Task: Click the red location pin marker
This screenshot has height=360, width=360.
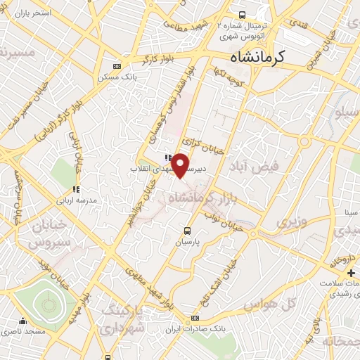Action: pyautogui.click(x=180, y=165)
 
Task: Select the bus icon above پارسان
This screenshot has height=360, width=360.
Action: pyautogui.click(x=187, y=231)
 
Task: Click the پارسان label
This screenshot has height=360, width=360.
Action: pyautogui.click(x=187, y=241)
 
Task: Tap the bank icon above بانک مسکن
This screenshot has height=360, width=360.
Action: pyautogui.click(x=116, y=67)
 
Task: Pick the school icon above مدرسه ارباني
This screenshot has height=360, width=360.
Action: pyautogui.click(x=75, y=189)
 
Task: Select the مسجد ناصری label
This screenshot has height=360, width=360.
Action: pyautogui.click(x=25, y=330)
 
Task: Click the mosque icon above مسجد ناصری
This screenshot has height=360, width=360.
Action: pyautogui.click(x=25, y=321)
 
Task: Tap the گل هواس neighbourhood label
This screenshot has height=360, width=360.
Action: pyautogui.click(x=269, y=304)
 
